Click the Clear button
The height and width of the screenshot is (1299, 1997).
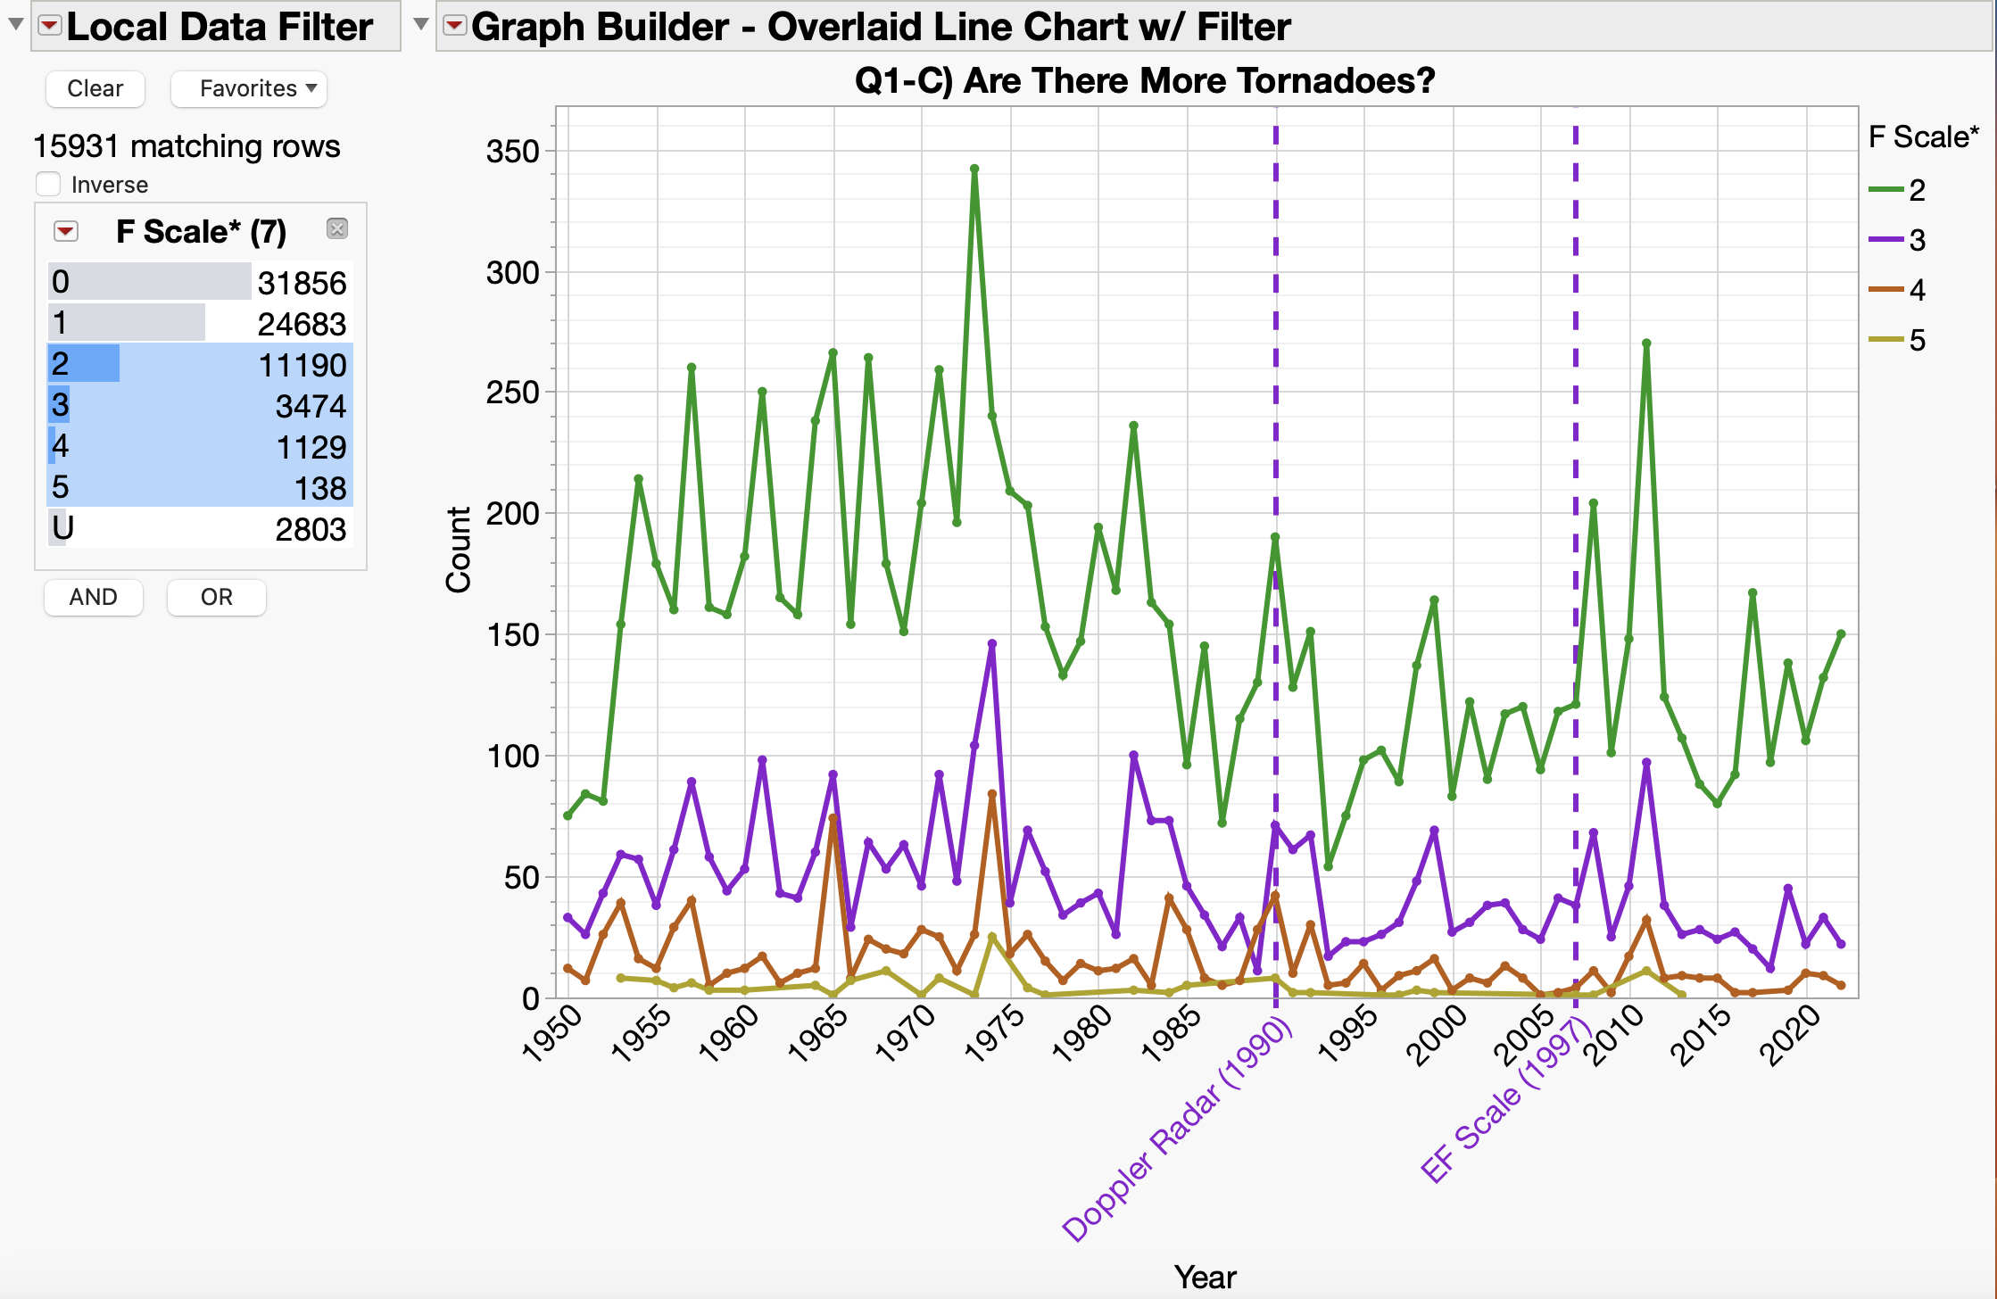[x=95, y=88]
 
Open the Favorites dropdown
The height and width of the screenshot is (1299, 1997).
[x=249, y=88]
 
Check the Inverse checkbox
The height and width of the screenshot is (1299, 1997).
[x=48, y=184]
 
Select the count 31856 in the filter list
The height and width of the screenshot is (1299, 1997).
[x=302, y=283]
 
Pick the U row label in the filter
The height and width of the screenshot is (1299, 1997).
[x=62, y=528]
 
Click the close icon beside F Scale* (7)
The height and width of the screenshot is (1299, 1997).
[x=336, y=228]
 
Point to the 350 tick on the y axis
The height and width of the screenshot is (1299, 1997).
[x=512, y=151]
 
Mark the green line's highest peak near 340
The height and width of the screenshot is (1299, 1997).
[x=974, y=169]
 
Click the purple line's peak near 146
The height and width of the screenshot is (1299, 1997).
[x=991, y=643]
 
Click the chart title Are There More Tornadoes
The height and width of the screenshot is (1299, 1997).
[x=1144, y=80]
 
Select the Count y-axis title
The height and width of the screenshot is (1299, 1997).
[x=458, y=550]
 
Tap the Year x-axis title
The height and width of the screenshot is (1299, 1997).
[x=1205, y=1277]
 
